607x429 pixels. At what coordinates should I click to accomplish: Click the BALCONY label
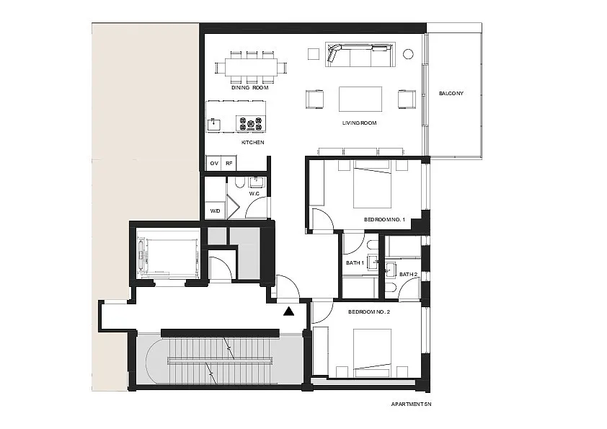(x=451, y=93)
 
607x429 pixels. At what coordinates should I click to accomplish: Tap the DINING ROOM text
(x=249, y=88)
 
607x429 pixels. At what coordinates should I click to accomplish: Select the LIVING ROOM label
(x=359, y=123)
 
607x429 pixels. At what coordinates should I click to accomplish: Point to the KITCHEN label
(x=253, y=143)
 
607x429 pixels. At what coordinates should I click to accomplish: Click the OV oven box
(x=214, y=164)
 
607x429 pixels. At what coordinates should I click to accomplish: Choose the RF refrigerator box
(x=229, y=164)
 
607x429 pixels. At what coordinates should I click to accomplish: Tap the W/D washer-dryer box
(x=216, y=211)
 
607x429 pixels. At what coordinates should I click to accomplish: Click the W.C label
(x=254, y=194)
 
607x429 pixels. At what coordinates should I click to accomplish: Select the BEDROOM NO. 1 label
(x=384, y=219)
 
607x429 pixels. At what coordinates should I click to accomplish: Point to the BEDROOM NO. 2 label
(x=369, y=311)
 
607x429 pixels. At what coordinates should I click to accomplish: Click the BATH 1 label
(x=355, y=263)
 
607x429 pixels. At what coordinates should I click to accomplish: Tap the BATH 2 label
(x=409, y=275)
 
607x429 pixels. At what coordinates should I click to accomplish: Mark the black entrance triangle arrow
(x=288, y=311)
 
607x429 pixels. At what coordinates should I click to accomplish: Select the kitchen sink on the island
(x=214, y=124)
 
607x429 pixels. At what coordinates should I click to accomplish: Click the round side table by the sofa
(x=408, y=54)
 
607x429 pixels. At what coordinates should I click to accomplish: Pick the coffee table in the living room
(x=360, y=99)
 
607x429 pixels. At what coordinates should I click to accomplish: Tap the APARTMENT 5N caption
(x=411, y=404)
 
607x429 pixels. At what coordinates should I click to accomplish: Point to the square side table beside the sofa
(x=313, y=54)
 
